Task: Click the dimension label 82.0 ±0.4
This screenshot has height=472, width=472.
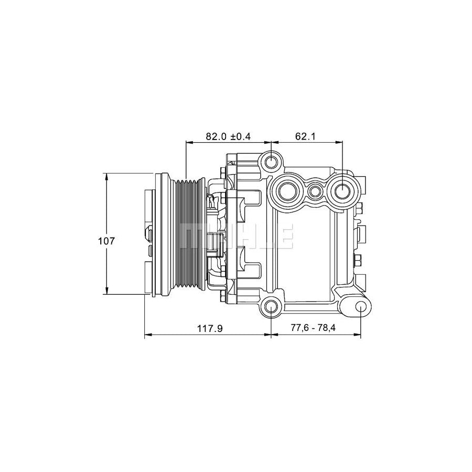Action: tap(228, 136)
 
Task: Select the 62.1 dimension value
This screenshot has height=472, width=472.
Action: tap(307, 136)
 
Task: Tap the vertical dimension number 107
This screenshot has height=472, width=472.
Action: tap(106, 241)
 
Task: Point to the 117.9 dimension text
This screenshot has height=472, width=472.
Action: tap(210, 329)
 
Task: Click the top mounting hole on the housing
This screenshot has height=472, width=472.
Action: tap(271, 162)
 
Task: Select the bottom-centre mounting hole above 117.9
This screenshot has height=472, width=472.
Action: tap(271, 307)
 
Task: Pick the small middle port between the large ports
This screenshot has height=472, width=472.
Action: tap(315, 191)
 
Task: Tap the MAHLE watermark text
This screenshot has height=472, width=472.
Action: tap(236, 235)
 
